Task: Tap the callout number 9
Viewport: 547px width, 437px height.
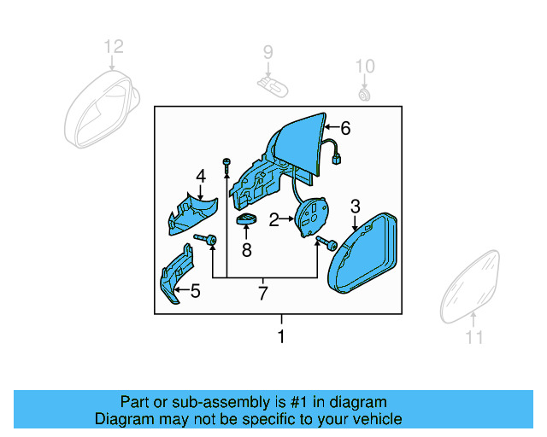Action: [x=268, y=52]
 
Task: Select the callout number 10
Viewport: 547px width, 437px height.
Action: [x=365, y=66]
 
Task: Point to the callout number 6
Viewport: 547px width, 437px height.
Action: [x=345, y=129]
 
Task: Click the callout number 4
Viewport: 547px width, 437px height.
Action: [x=201, y=176]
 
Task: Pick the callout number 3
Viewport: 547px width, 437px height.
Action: [x=356, y=206]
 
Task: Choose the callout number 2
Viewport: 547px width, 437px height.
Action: [x=274, y=220]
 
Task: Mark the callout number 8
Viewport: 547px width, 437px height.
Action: [x=246, y=250]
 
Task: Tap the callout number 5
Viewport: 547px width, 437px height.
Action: [x=195, y=292]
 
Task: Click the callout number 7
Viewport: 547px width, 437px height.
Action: [x=263, y=294]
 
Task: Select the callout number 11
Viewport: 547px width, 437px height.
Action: [x=474, y=338]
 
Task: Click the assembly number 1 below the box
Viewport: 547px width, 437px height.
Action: [x=281, y=337]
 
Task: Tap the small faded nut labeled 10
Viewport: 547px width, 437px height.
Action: [x=365, y=92]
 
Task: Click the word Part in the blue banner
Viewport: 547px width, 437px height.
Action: [x=137, y=402]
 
